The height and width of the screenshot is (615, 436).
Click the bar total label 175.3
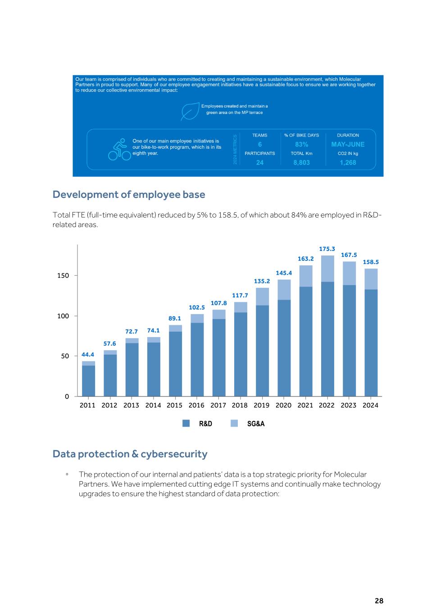click(x=327, y=249)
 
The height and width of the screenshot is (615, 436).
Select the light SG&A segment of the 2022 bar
click(x=327, y=269)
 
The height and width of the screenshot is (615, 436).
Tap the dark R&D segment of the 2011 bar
click(x=88, y=381)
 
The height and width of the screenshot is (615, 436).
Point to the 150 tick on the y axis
click(x=63, y=275)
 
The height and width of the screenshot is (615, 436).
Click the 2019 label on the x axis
click(x=261, y=405)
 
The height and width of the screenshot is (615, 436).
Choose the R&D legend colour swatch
click(x=186, y=424)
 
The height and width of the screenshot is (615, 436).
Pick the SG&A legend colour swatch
click(x=234, y=424)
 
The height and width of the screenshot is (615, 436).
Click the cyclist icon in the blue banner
click(x=119, y=150)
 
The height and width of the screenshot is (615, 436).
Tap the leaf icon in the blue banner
click(x=190, y=111)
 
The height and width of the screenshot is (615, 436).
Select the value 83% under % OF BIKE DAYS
click(x=301, y=145)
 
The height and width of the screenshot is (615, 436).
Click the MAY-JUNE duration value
click(x=348, y=145)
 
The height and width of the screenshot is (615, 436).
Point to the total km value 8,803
click(x=301, y=163)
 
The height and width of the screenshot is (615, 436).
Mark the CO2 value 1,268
click(x=348, y=163)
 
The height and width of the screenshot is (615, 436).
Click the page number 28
click(x=379, y=601)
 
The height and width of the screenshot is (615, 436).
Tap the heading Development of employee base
click(x=129, y=194)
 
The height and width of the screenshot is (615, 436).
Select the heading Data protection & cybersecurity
click(x=130, y=454)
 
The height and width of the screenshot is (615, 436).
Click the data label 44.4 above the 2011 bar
click(x=88, y=355)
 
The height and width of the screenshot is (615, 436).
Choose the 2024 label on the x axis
click(x=370, y=405)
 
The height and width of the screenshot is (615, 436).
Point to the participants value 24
click(x=260, y=163)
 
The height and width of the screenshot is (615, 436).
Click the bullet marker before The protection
click(x=66, y=474)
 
